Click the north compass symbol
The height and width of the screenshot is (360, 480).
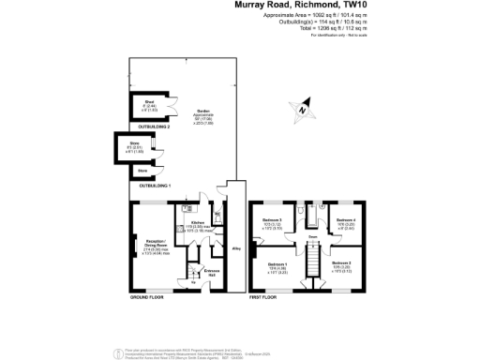(x=302, y=109)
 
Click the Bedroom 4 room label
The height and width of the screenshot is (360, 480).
(x=347, y=220)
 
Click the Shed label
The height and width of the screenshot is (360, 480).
(x=147, y=103)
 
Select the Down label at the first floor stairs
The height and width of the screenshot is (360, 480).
(x=309, y=249)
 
